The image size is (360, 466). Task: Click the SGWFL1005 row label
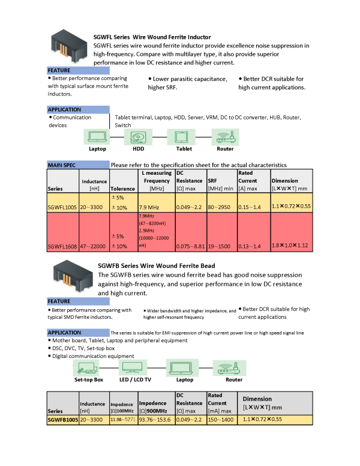point(63,206)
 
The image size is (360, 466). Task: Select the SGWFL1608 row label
point(63,246)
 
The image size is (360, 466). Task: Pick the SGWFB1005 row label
point(63,419)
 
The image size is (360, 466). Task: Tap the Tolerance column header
point(123,189)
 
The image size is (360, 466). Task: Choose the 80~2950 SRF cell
point(220,206)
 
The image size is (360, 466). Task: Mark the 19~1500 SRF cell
point(220,246)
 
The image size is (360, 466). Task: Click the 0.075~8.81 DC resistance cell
point(190,246)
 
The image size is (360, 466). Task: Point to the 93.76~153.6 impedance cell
point(155,419)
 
